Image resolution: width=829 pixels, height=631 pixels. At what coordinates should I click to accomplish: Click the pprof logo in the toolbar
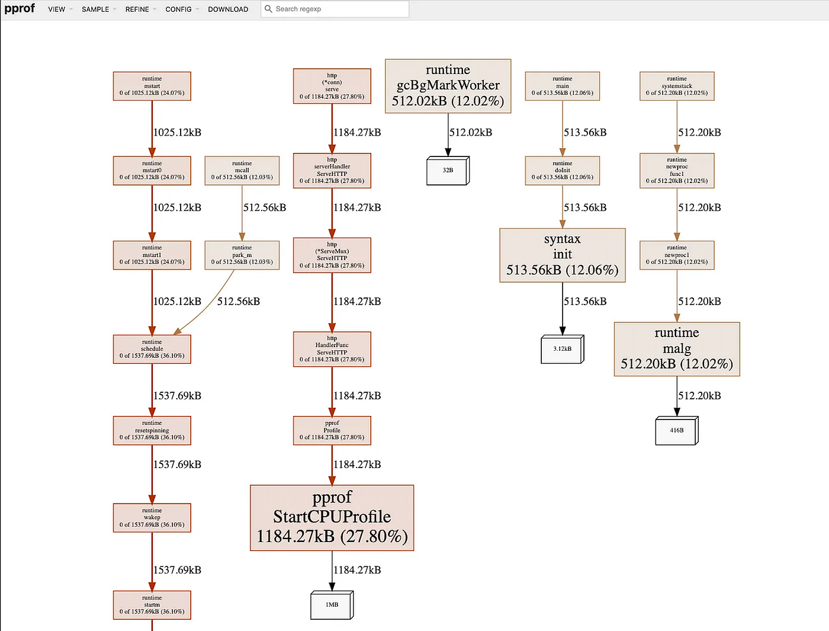[x=20, y=8]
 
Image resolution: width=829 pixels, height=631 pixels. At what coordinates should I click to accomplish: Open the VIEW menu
[x=57, y=9]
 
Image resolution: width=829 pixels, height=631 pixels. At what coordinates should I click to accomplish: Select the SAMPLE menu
[x=95, y=9]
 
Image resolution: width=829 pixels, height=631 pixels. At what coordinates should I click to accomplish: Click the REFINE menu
[x=137, y=9]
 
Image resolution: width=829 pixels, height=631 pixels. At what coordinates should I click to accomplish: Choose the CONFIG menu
[x=179, y=9]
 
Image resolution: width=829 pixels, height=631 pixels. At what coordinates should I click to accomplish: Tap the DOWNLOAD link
[x=228, y=9]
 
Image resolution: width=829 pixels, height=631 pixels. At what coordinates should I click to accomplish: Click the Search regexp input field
[x=338, y=9]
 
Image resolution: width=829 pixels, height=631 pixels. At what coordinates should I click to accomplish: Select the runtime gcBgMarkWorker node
[x=448, y=86]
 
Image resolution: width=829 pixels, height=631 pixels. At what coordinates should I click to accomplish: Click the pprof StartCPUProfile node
[x=332, y=518]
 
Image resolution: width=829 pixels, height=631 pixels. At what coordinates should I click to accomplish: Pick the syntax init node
[x=562, y=255]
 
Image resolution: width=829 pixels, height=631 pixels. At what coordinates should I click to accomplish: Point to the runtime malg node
[x=677, y=349]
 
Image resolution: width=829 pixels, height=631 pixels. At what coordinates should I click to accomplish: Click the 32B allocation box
[x=448, y=171]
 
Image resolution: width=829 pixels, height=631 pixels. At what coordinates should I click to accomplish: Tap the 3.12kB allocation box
[x=562, y=349]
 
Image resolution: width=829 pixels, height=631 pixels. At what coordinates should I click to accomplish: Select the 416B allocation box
[x=677, y=431]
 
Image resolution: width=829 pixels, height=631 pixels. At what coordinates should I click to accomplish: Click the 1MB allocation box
[x=332, y=605]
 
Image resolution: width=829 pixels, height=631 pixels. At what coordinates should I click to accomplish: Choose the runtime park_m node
[x=242, y=255]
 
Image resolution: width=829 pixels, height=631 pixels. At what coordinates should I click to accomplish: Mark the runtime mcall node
[x=242, y=171]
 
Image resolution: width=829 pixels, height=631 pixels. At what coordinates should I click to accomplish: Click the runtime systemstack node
[x=677, y=86]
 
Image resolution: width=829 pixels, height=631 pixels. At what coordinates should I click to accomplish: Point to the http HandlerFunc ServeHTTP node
[x=332, y=349]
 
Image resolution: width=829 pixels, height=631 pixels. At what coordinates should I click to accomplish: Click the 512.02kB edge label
[x=471, y=133]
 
